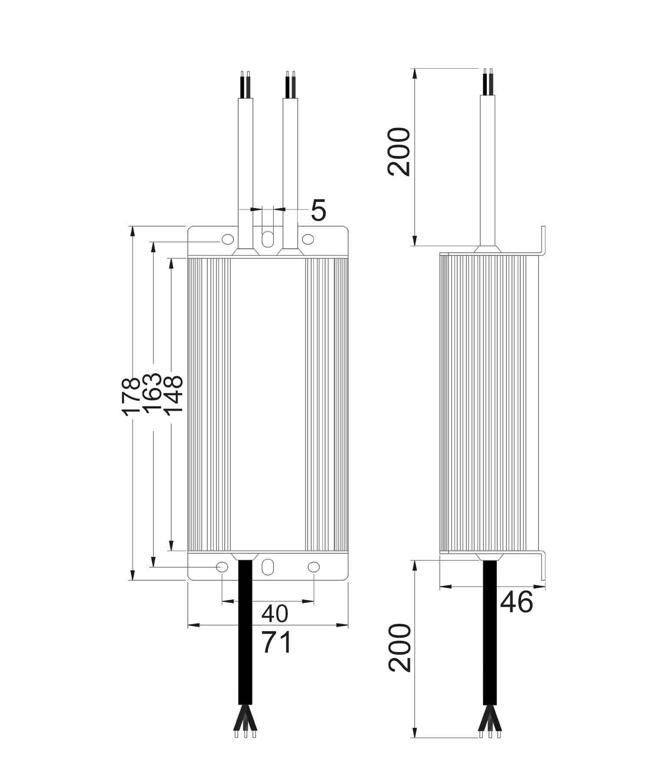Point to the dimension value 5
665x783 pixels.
tap(318, 211)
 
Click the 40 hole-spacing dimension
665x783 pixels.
tap(275, 614)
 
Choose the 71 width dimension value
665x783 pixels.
tap(276, 643)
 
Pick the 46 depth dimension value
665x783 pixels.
tap(516, 603)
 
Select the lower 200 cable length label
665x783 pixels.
tap(399, 648)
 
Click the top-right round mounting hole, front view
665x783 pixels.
tap(308, 239)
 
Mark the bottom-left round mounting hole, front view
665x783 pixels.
tap(222, 567)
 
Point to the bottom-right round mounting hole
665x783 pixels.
tap(313, 567)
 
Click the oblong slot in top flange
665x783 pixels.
tap(268, 239)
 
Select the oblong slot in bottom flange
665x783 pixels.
tap(268, 567)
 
